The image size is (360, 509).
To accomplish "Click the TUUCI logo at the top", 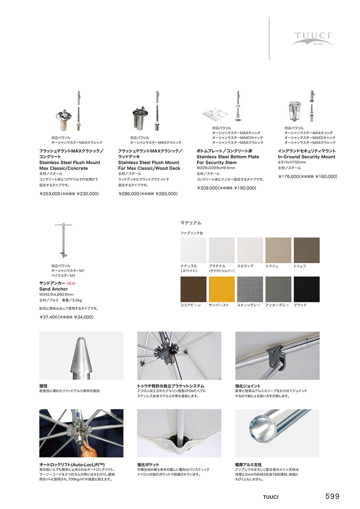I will click(312, 38).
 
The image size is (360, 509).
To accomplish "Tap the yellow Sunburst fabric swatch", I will click(222, 289).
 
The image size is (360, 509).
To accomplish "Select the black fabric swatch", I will click(306, 289).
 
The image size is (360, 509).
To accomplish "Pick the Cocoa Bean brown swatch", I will click(193, 289).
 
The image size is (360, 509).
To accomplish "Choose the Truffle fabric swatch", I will click(306, 250).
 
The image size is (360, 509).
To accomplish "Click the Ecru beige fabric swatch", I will click(278, 250).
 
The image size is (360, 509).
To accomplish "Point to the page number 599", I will click(332, 496).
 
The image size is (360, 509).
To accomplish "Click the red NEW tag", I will click(71, 284).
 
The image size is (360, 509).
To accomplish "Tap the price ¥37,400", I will click(49, 317).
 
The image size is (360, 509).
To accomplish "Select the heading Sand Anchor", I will click(54, 289).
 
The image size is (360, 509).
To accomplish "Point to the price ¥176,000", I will click(288, 177).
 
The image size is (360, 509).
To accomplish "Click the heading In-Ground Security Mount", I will click(306, 157).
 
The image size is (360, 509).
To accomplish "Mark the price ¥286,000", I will click(129, 194).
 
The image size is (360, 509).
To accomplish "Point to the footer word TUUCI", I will click(270, 497).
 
